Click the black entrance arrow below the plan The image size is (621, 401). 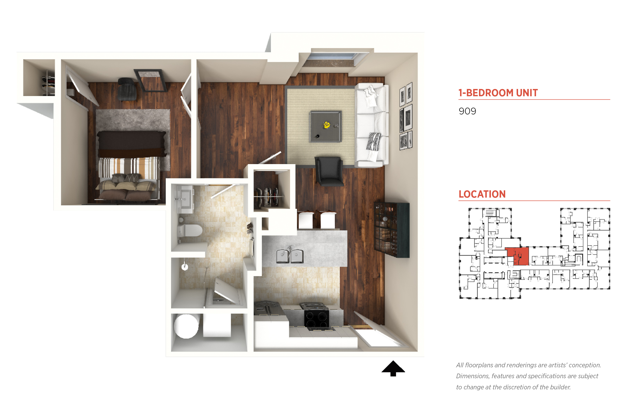(393, 369)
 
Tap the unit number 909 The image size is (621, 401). (467, 111)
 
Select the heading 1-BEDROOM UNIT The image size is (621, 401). (498, 93)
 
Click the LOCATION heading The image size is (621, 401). (482, 194)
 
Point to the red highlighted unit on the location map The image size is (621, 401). (518, 256)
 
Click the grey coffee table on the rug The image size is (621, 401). (325, 127)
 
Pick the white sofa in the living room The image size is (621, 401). (371, 125)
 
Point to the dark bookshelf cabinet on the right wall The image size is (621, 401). (392, 230)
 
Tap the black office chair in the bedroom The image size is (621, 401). (127, 89)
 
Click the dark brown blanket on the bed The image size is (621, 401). (132, 144)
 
